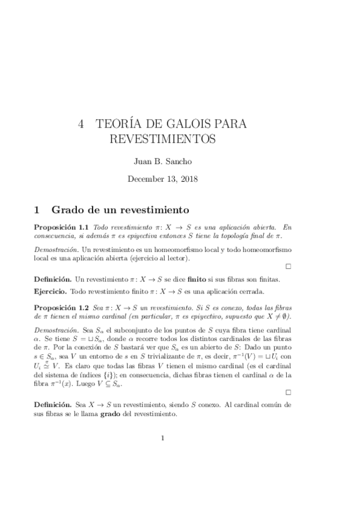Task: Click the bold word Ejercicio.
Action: click(50, 292)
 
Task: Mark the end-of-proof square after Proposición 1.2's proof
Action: click(288, 392)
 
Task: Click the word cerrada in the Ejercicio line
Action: click(251, 292)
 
